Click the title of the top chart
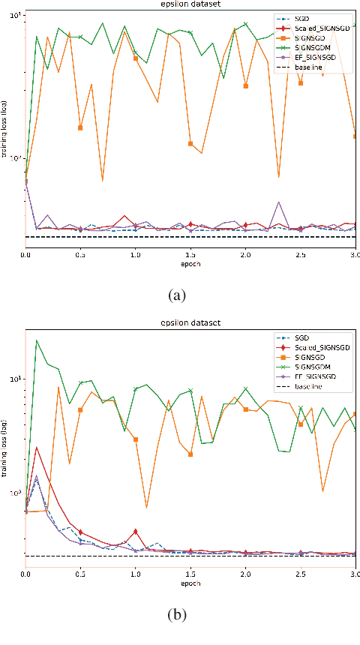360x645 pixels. pos(190,5)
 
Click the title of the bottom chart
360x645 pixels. pos(190,323)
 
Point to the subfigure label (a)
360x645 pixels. pos(178,295)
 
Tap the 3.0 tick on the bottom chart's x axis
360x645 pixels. pos(355,574)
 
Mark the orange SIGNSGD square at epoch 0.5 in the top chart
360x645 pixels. pos(80,127)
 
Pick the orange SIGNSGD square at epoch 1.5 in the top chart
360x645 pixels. pos(190,143)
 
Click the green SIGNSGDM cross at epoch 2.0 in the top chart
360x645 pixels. pos(245,24)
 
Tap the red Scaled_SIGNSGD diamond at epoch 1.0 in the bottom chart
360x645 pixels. pos(136,532)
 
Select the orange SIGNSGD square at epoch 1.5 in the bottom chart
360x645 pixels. pos(190,454)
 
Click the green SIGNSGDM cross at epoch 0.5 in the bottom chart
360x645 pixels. pos(80,383)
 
